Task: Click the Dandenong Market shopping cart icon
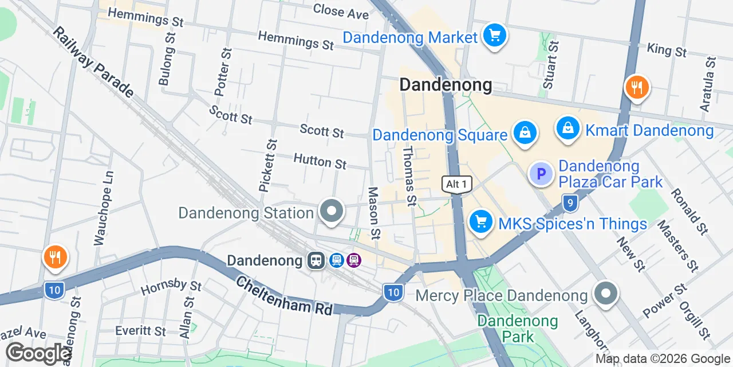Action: click(x=494, y=36)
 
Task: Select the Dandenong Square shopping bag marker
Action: click(x=524, y=132)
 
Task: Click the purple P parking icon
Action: click(x=541, y=174)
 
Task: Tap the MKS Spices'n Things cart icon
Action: click(x=480, y=222)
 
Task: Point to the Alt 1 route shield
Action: click(x=457, y=184)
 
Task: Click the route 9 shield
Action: click(x=569, y=202)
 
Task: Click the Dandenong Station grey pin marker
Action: click(x=331, y=211)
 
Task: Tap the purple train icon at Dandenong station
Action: click(x=354, y=261)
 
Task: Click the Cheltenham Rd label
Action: click(x=284, y=295)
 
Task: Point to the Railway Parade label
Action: click(x=93, y=62)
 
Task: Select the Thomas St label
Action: click(x=409, y=175)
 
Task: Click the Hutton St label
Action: click(x=320, y=161)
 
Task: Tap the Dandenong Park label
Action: click(x=518, y=329)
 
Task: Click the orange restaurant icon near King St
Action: click(x=636, y=88)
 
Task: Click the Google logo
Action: click(x=38, y=353)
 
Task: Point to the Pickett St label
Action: click(x=267, y=165)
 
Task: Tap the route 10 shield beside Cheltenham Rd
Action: click(x=392, y=292)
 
